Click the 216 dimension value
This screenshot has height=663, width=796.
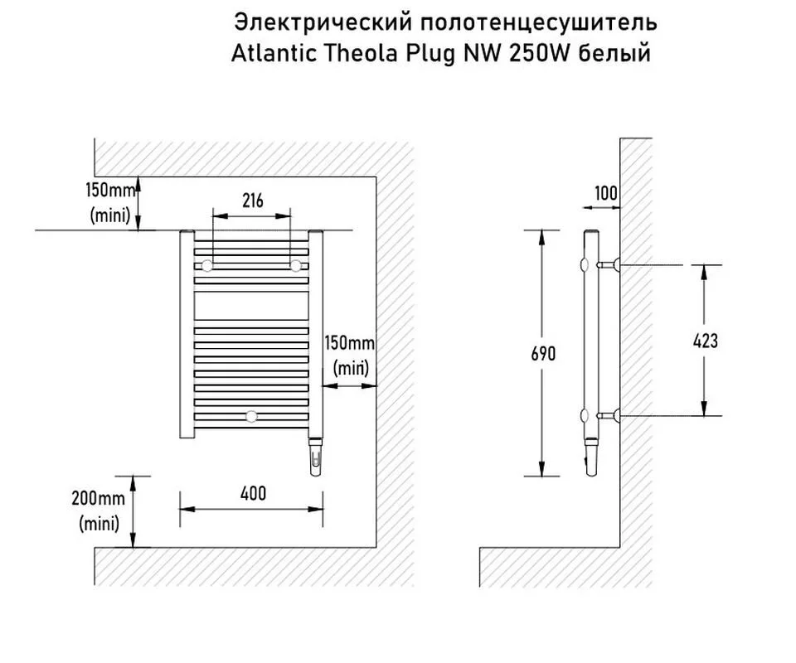pos(253,201)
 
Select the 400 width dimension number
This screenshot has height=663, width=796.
pos(253,493)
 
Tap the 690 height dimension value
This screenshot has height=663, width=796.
pos(543,354)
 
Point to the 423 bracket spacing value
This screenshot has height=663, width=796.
pos(705,341)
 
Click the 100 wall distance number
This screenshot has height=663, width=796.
pos(605,193)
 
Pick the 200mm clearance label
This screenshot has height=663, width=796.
pos(98,498)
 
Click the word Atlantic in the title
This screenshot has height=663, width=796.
pos(274,53)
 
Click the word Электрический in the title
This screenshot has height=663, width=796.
pos(315,22)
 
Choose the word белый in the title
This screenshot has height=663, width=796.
pos(614,53)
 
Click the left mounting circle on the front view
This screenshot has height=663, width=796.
pos(207,265)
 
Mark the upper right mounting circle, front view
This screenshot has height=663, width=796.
pos(296,265)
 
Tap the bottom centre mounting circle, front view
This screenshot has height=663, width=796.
pos(251,417)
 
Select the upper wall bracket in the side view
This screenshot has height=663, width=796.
pos(608,265)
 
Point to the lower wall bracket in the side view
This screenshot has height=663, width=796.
pos(608,416)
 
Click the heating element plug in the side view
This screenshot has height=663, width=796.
pos(591,456)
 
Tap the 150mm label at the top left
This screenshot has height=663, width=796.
pos(110,190)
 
